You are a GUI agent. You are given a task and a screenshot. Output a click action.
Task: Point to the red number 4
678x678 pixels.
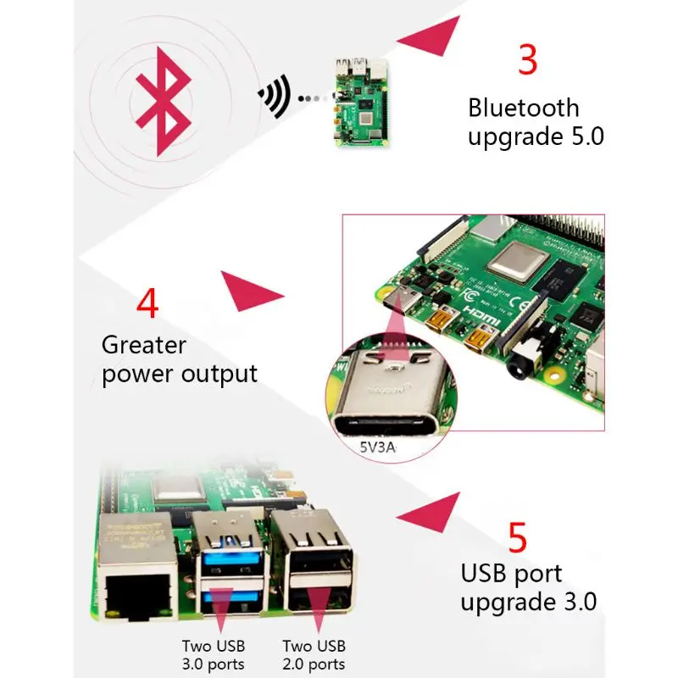pyautogui.click(x=147, y=303)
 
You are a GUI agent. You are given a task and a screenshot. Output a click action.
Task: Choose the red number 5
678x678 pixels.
pyautogui.click(x=518, y=537)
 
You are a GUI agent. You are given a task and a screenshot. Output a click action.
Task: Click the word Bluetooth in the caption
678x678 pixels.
pyautogui.click(x=524, y=108)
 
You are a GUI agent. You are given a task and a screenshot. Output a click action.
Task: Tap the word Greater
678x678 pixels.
pyautogui.click(x=143, y=345)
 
